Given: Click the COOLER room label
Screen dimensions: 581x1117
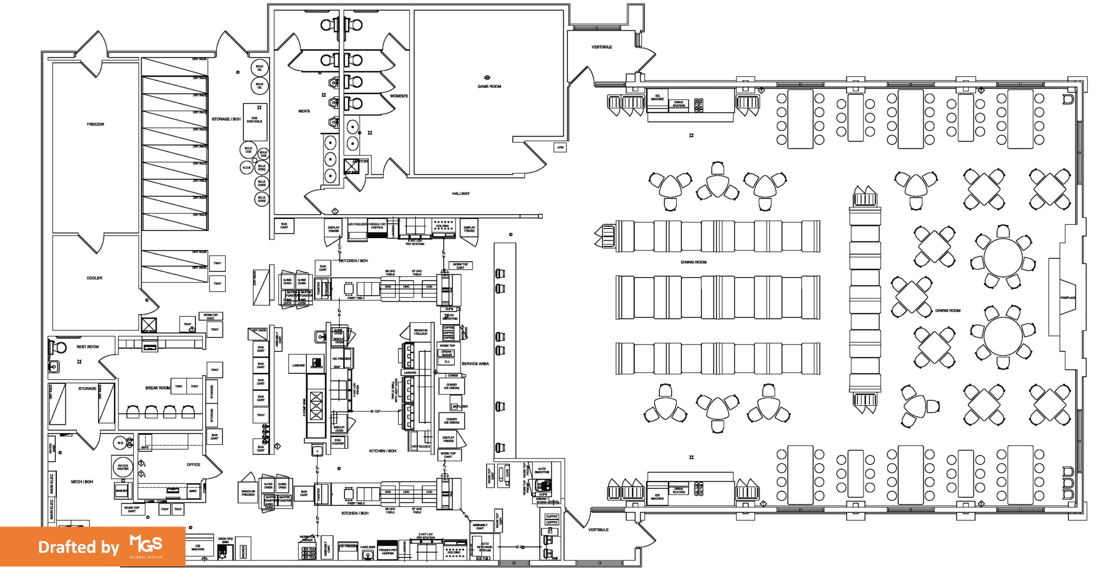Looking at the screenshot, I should click(x=94, y=278).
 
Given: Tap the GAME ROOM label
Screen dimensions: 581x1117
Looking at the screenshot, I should click(x=489, y=86).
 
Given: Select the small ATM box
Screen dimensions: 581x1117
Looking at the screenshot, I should click(x=560, y=147).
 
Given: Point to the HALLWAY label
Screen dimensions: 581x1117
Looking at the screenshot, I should click(x=461, y=193).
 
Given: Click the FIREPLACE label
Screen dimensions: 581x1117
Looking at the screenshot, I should click(x=1068, y=298).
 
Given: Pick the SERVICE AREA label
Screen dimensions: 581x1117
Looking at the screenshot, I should click(x=475, y=363).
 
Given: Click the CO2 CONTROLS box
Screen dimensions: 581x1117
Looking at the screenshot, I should click(x=254, y=120).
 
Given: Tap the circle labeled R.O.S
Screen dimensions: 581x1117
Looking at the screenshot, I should click(x=247, y=167).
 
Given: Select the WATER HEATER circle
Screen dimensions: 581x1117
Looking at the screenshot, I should click(x=123, y=467).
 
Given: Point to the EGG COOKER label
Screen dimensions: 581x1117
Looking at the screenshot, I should click(x=338, y=442).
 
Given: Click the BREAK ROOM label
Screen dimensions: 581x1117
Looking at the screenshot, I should click(x=158, y=388).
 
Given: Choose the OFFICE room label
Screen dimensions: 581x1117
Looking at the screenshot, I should click(x=193, y=465).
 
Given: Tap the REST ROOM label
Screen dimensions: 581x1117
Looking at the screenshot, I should click(x=88, y=347).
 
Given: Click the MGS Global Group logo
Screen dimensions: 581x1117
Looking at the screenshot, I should click(x=146, y=547).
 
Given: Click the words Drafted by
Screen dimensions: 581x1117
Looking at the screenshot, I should click(x=79, y=547).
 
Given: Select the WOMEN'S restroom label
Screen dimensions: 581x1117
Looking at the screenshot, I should click(x=399, y=96).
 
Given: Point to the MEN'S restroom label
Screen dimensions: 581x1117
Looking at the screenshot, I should click(x=304, y=111).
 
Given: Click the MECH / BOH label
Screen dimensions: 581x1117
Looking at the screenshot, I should click(x=82, y=482).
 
